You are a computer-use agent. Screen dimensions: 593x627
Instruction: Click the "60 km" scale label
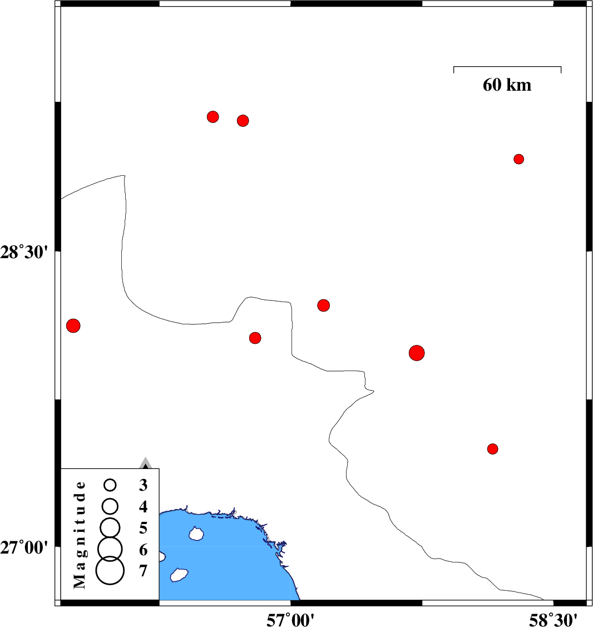[507, 85]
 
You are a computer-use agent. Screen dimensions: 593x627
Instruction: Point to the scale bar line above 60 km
[507, 67]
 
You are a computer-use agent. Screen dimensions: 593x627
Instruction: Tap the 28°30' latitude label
[24, 253]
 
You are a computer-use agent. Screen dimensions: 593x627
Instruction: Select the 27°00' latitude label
[24, 547]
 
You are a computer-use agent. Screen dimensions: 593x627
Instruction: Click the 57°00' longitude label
[290, 620]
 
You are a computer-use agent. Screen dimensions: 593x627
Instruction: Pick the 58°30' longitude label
[553, 620]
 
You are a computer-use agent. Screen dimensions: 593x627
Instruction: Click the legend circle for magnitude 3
[110, 485]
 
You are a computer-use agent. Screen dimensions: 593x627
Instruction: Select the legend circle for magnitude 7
[110, 571]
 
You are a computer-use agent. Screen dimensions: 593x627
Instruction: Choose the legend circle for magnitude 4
[110, 506]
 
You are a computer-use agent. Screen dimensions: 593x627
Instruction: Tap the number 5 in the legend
[143, 528]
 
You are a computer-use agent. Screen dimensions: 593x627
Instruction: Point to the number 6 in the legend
[143, 550]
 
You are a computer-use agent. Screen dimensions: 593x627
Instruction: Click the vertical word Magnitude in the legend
[80, 535]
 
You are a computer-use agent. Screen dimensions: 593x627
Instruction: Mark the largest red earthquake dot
[417, 353]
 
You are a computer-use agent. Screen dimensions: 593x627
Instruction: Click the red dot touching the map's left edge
[73, 325]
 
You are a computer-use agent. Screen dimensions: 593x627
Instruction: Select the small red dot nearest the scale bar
[518, 159]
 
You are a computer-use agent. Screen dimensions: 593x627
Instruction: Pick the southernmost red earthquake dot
[493, 449]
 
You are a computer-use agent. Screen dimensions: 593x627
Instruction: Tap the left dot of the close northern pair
[213, 117]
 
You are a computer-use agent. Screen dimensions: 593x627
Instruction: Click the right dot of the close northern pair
[243, 121]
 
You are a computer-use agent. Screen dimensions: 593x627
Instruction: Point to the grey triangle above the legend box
[146, 463]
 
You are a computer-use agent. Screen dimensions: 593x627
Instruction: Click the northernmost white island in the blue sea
[196, 534]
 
